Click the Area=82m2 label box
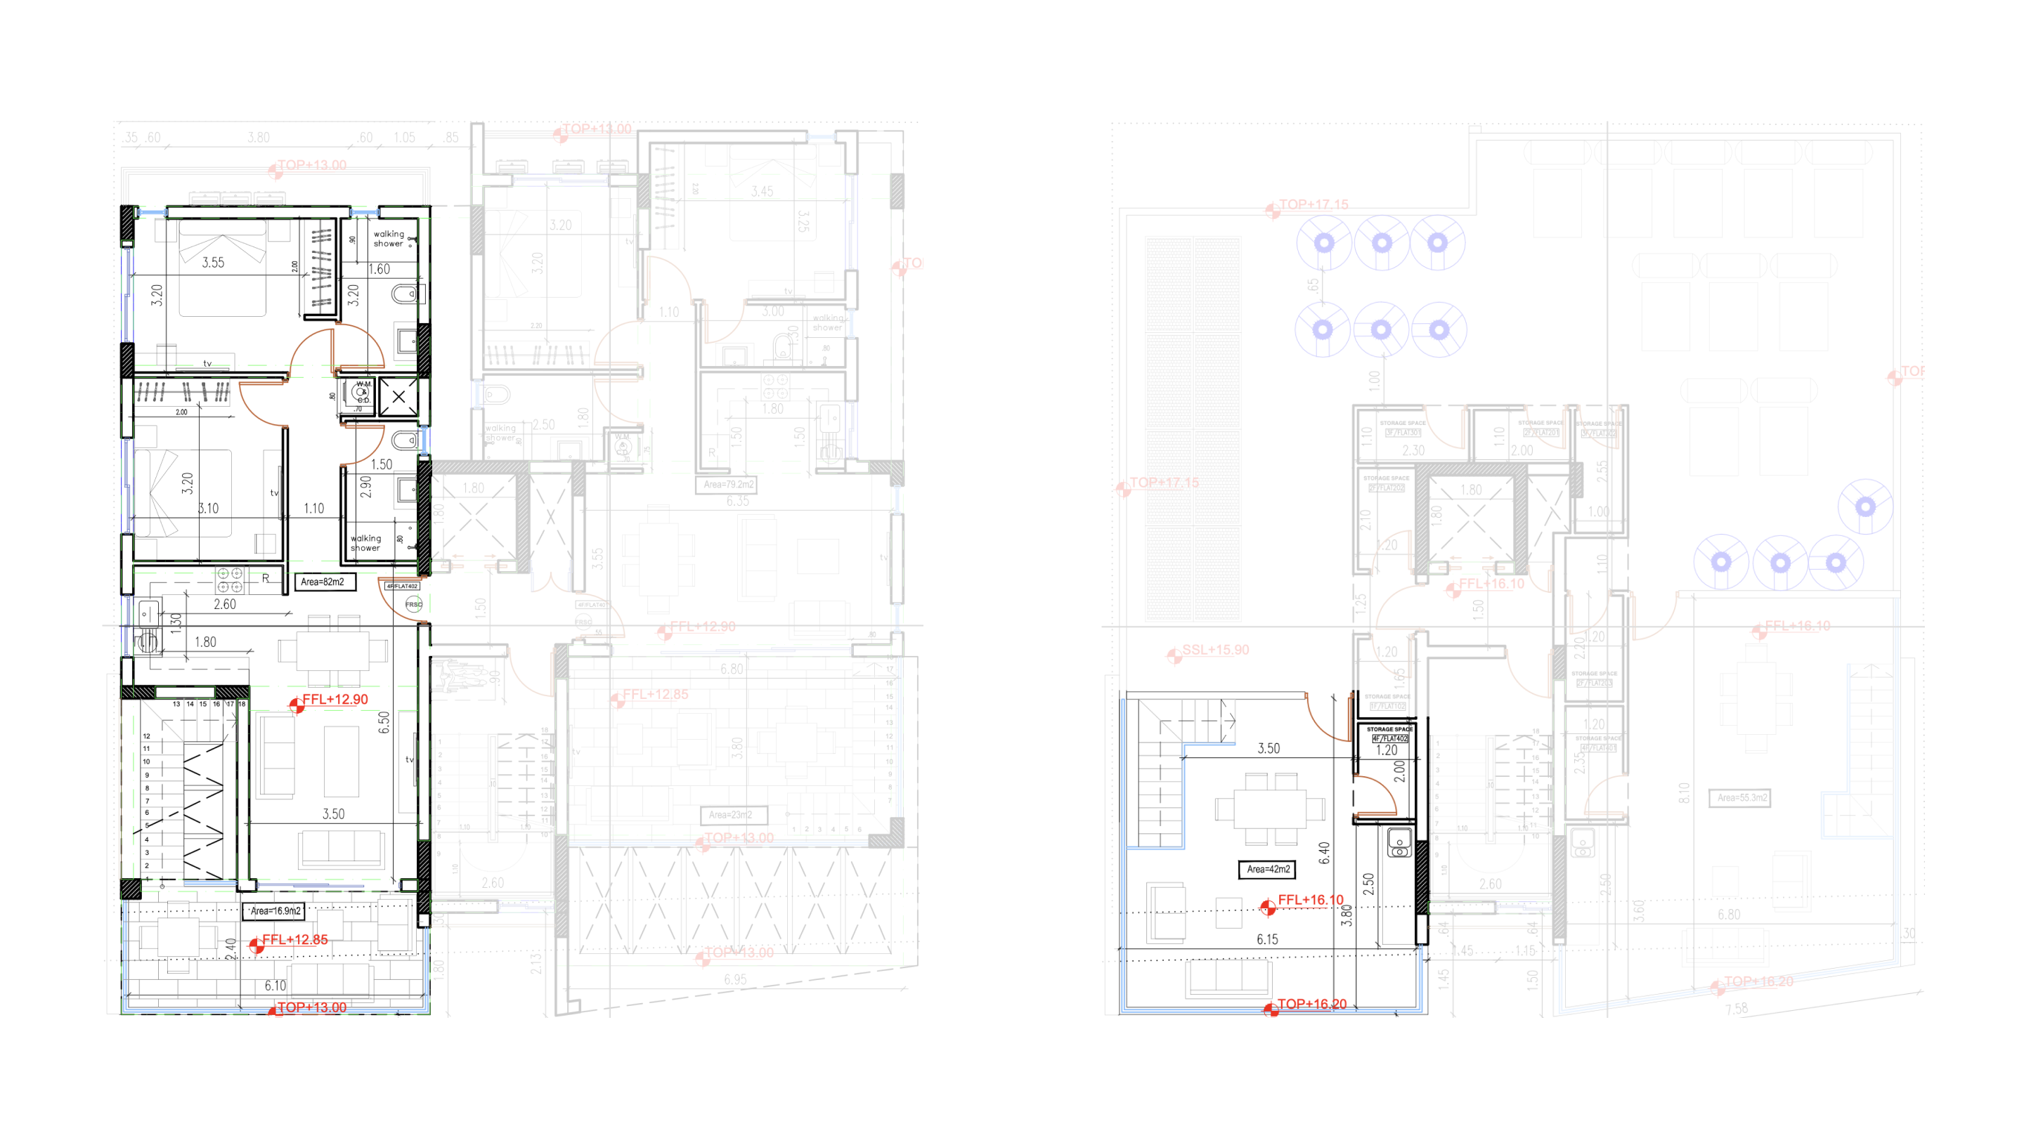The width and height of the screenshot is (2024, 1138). tap(323, 582)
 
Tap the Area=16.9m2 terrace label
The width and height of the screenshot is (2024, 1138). tap(275, 911)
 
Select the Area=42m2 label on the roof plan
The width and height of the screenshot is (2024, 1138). tap(1267, 870)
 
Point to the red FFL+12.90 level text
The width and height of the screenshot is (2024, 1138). tap(335, 700)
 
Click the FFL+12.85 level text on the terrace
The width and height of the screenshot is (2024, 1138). tap(294, 940)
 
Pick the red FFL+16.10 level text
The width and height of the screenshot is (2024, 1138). tap(1311, 900)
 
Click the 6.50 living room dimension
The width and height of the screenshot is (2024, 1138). tap(384, 723)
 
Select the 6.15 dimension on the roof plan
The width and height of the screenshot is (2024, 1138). tap(1267, 939)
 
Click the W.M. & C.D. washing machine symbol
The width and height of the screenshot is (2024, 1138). tap(362, 391)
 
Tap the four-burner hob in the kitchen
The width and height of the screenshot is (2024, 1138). tap(229, 580)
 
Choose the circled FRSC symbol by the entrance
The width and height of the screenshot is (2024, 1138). tap(413, 604)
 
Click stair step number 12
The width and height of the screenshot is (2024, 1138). tap(147, 737)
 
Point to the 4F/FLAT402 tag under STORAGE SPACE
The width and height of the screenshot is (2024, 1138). tap(1390, 739)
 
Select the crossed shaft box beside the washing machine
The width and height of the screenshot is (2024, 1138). tap(398, 397)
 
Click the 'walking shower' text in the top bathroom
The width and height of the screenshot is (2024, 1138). tap(388, 239)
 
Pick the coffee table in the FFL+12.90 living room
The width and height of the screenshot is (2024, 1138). tap(341, 761)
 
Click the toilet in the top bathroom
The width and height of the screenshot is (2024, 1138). tap(405, 295)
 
